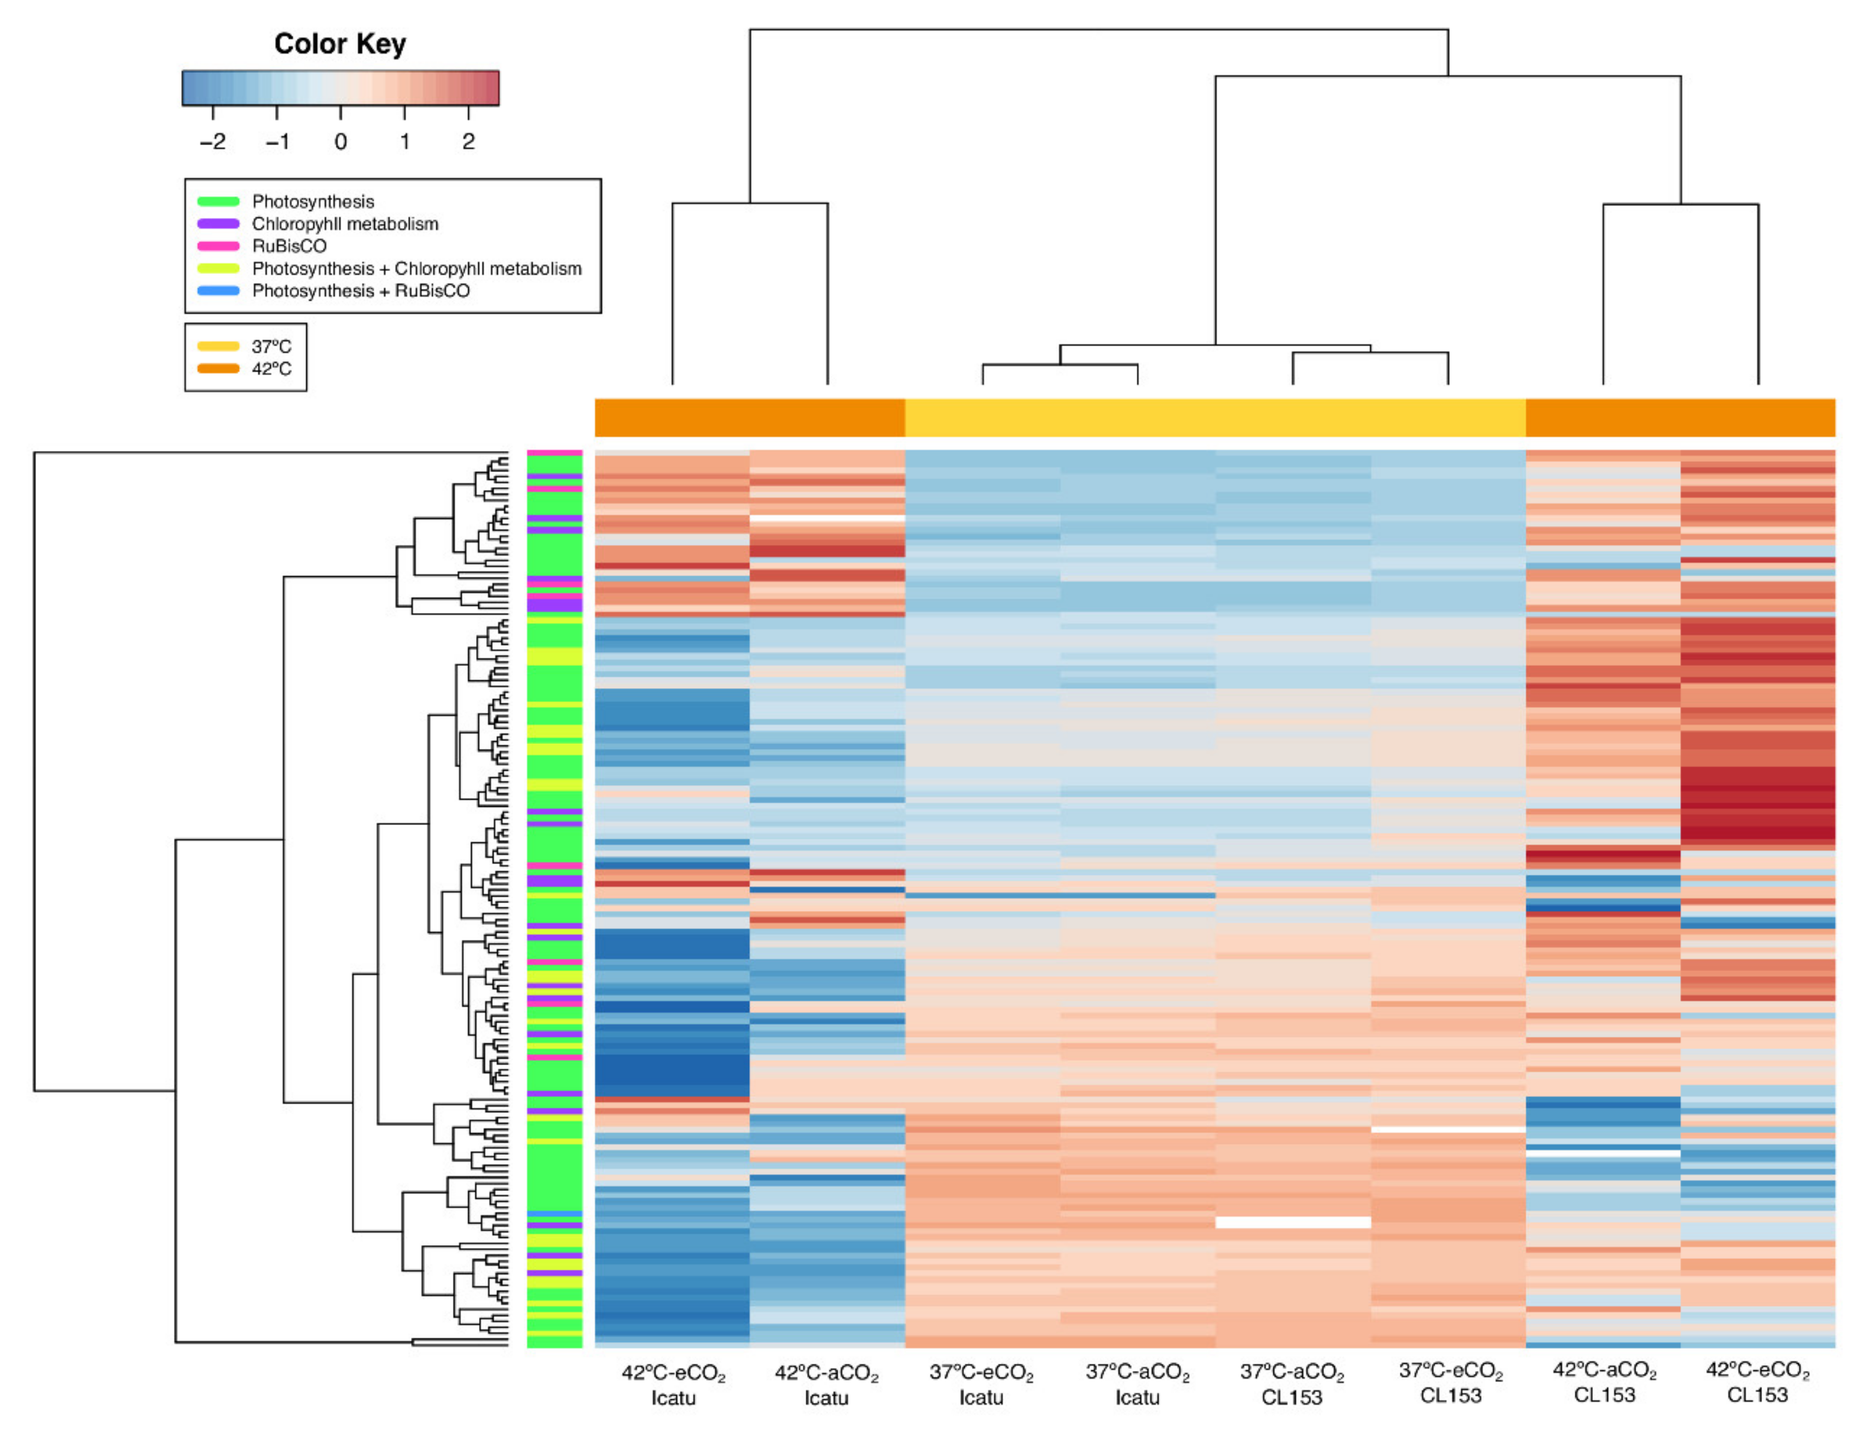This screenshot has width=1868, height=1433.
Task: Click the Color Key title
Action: coord(339,43)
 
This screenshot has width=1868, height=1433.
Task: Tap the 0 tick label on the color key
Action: coord(340,141)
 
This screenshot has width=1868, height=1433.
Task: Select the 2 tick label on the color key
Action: coord(468,141)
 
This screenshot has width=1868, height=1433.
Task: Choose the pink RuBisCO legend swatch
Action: coord(218,246)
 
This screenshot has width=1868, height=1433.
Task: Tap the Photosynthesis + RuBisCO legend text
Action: coord(360,291)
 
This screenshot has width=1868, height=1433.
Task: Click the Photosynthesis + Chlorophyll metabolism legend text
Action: coord(417,269)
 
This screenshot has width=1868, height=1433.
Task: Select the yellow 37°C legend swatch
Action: coord(218,346)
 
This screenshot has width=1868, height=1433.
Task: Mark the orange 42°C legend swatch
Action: coord(218,368)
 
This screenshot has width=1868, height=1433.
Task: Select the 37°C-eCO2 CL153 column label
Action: coord(1450,1384)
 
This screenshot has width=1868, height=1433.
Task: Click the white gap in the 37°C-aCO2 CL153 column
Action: coord(1293,1222)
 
